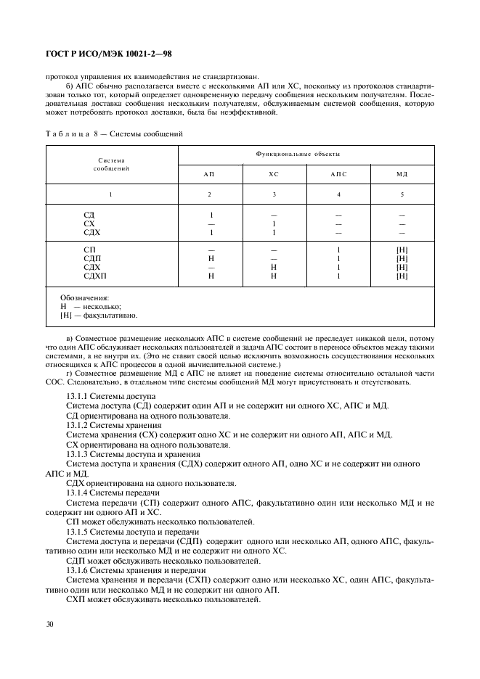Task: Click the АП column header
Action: coord(209,175)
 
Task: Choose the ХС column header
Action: coord(273,175)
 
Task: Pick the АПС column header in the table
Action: coord(338,175)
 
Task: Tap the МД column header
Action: coord(402,175)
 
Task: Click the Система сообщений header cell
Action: coord(111,164)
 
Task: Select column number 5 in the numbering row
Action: coord(402,194)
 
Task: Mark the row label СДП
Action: coord(92,258)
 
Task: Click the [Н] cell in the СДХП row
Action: coord(402,276)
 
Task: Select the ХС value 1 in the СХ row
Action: coord(273,224)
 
